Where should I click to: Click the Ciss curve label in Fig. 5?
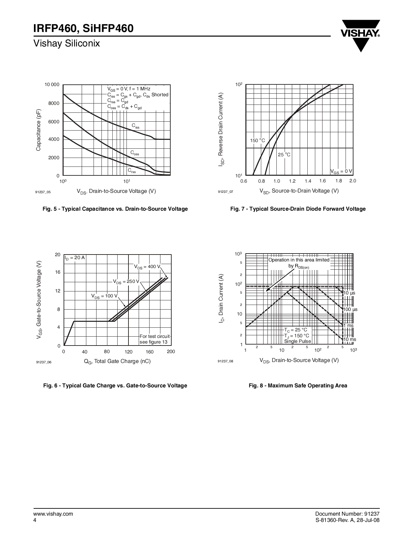tap(135, 126)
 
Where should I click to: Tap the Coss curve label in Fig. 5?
tap(135, 153)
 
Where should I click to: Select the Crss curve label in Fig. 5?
tap(132, 171)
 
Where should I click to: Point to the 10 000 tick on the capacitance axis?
tap(52, 85)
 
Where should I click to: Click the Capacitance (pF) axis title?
tap(39, 130)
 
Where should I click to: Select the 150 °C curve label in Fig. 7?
tap(257, 140)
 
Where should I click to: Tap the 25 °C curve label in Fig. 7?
tap(284, 155)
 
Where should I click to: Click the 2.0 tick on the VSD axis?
tap(352, 181)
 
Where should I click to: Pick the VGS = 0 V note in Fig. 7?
tap(341, 171)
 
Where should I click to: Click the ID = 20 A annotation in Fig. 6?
tap(74, 258)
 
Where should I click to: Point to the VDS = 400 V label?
tap(147, 267)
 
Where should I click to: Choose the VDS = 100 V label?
tap(104, 296)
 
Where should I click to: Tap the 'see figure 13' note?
tap(154, 342)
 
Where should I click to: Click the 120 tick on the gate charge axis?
tap(128, 352)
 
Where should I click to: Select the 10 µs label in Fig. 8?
tap(350, 293)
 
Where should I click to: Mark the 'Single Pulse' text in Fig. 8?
tap(297, 341)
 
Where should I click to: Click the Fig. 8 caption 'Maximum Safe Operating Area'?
tap(298, 385)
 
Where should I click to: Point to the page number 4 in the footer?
tap(35, 520)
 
